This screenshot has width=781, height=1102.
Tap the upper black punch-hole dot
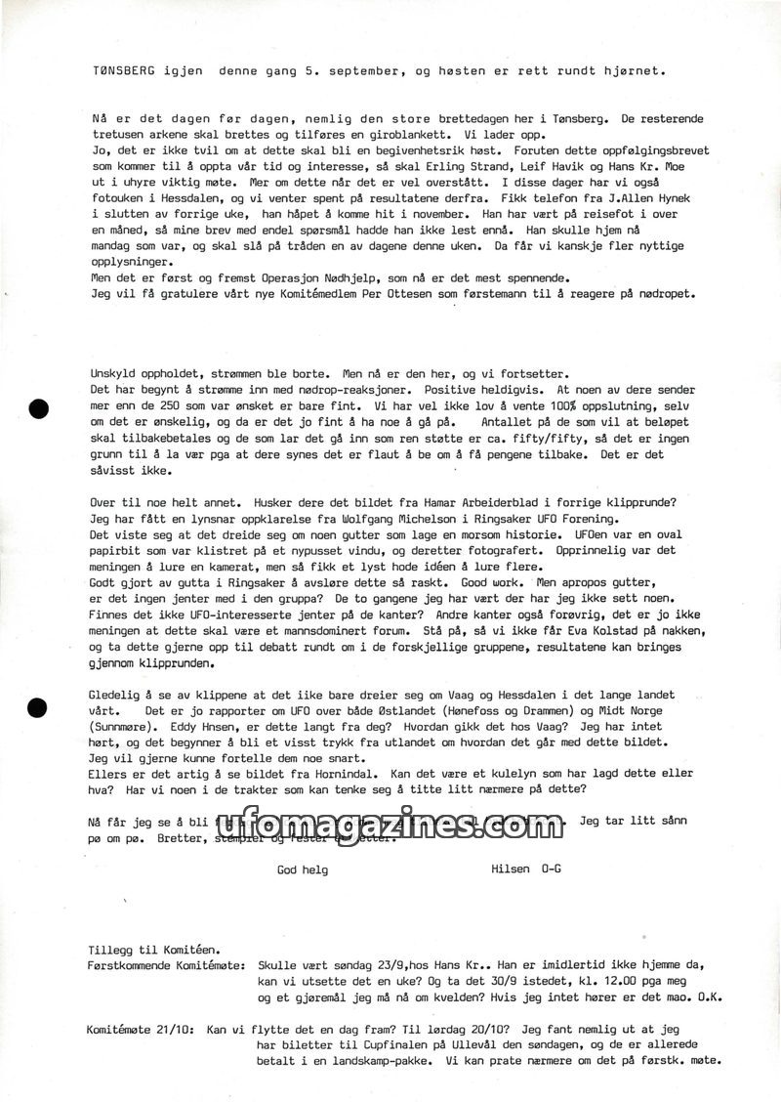point(39,409)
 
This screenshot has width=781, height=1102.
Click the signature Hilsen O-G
point(528,869)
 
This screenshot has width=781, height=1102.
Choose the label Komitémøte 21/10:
point(141,1030)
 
